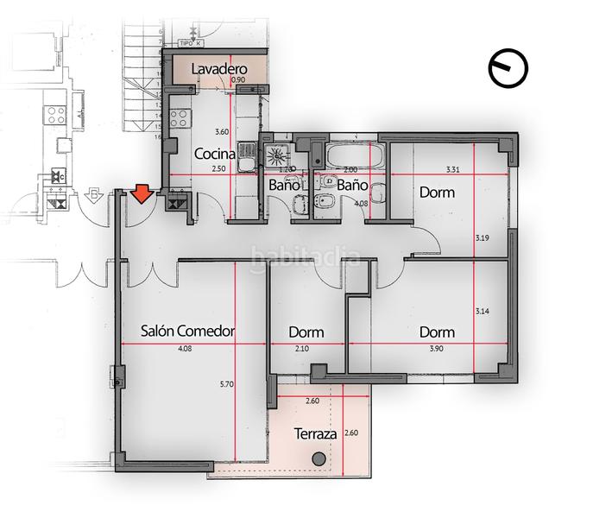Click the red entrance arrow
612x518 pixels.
point(142,195)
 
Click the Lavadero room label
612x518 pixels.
point(219,68)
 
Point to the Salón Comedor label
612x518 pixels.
point(188,331)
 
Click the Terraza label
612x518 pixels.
point(315,433)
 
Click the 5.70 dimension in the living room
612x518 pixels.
point(227,386)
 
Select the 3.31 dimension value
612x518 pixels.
point(451,170)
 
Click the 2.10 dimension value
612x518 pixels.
point(301,349)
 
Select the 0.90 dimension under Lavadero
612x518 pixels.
point(239,80)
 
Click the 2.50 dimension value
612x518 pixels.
point(218,169)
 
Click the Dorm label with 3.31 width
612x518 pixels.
point(437,193)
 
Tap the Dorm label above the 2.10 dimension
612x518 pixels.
point(306,332)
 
